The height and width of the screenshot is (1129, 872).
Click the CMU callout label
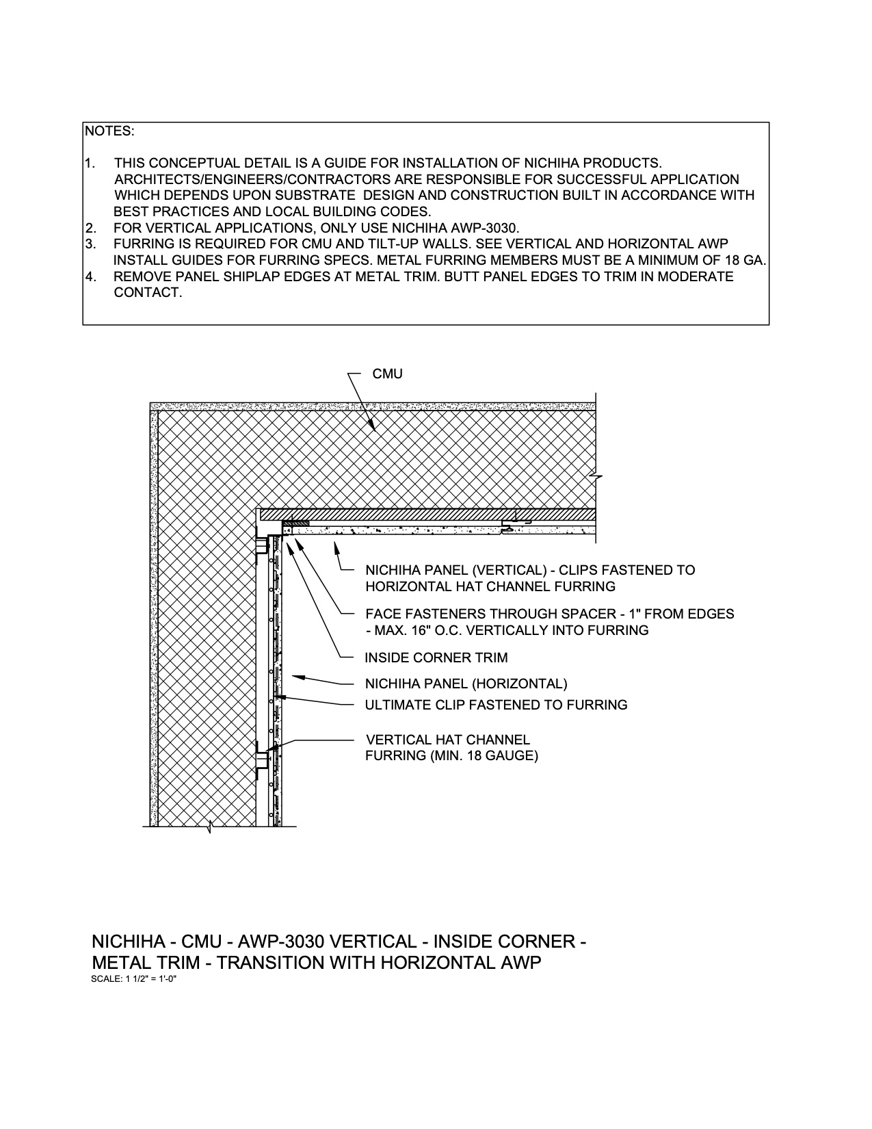(x=387, y=374)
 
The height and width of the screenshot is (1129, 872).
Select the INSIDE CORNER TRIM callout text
(x=436, y=658)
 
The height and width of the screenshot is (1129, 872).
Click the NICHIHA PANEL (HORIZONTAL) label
(x=466, y=684)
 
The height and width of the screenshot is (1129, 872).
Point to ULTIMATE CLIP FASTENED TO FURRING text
(x=496, y=705)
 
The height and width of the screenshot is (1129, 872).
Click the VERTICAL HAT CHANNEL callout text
(x=448, y=740)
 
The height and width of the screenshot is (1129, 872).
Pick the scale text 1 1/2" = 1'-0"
(x=134, y=979)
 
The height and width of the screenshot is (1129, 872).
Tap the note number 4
(x=90, y=277)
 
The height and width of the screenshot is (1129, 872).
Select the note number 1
(x=90, y=163)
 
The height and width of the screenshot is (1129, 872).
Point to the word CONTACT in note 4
(x=148, y=293)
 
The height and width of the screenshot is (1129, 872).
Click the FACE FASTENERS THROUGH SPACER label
(x=549, y=614)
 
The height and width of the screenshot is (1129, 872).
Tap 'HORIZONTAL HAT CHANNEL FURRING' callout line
(x=490, y=586)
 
